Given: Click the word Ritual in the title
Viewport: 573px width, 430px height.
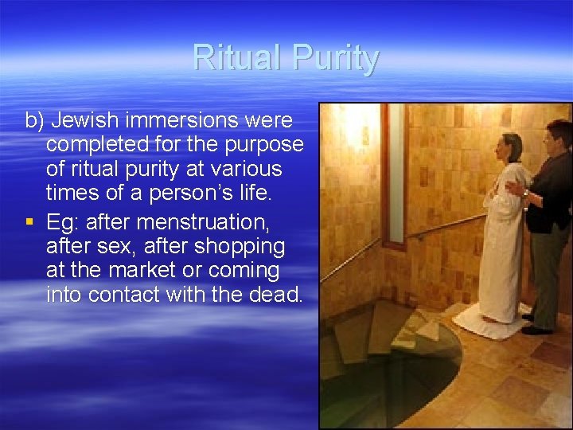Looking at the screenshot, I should click(237, 59).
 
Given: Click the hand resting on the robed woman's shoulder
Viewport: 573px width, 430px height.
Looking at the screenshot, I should click(516, 189).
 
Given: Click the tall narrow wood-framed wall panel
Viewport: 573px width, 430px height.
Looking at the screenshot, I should click(395, 175).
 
